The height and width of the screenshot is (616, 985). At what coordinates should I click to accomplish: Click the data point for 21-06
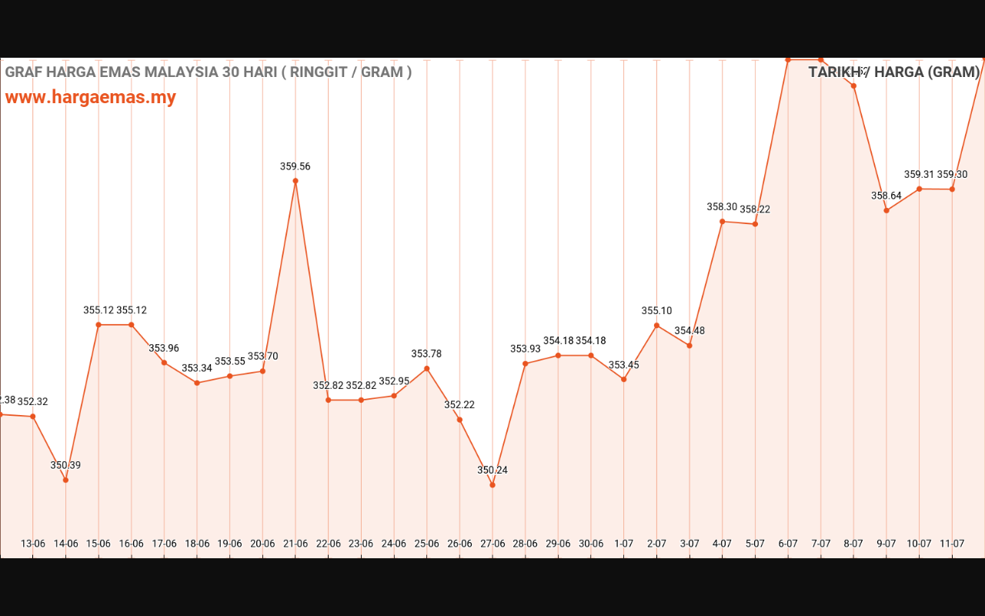pos(295,181)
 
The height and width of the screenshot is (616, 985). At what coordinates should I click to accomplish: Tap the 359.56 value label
pos(295,166)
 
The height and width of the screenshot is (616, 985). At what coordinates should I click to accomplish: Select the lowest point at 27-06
pos(492,485)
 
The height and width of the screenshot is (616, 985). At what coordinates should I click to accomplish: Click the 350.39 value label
pos(65,465)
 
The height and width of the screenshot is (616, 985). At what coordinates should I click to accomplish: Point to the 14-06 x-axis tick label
pos(65,544)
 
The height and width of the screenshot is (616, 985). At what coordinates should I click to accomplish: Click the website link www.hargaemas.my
pos(91,97)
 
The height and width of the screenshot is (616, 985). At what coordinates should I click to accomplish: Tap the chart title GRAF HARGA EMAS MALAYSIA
pos(208,72)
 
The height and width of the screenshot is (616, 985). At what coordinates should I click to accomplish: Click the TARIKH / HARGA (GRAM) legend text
pos(893,72)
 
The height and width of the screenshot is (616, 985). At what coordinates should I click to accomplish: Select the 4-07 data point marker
pos(723,222)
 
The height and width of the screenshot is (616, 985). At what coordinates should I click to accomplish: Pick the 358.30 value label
pos(722,207)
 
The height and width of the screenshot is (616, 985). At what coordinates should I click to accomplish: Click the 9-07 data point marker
pos(886,210)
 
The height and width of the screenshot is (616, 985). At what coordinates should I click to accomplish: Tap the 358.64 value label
pos(886,196)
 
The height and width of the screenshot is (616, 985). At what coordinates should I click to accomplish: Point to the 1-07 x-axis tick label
pos(624,544)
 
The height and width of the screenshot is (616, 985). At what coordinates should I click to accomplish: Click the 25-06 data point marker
pos(427,369)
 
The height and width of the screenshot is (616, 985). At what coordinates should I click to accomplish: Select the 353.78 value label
pos(426,354)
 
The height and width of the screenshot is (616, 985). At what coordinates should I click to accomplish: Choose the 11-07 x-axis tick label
pos(952,544)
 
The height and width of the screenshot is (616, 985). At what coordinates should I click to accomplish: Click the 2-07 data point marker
pos(657,326)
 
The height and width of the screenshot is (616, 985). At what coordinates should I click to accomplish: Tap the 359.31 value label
pos(919,175)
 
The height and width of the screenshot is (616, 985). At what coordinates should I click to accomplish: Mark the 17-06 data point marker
pos(164,363)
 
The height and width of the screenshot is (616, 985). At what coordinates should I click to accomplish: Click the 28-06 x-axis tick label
pos(525,544)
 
